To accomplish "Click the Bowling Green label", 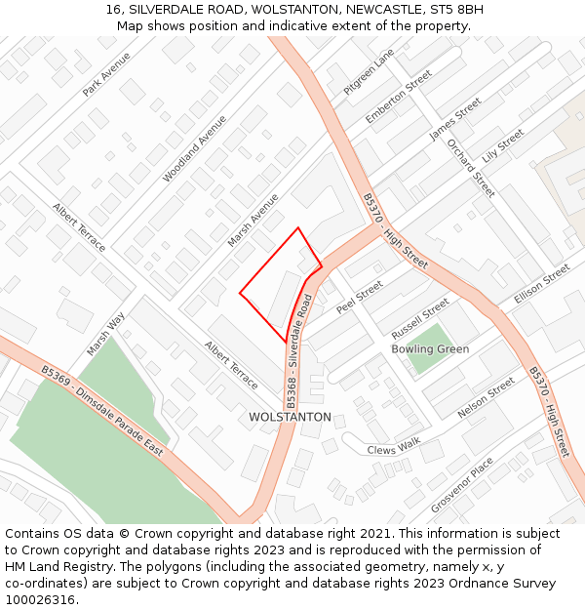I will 430,349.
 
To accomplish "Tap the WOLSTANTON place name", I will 290,417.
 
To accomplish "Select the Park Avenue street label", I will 106,74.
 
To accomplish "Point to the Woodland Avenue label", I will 194,148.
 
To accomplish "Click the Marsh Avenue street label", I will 253,220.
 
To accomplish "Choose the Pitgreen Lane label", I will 369,71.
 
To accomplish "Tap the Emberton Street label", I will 398,97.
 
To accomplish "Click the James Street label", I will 455,118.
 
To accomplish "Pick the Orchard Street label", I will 471,167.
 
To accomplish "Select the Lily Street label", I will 503,144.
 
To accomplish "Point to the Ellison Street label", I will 541,283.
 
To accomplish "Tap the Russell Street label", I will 419,317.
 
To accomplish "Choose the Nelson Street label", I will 486,397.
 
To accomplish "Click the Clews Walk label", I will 394,446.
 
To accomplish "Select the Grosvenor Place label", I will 462,485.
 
